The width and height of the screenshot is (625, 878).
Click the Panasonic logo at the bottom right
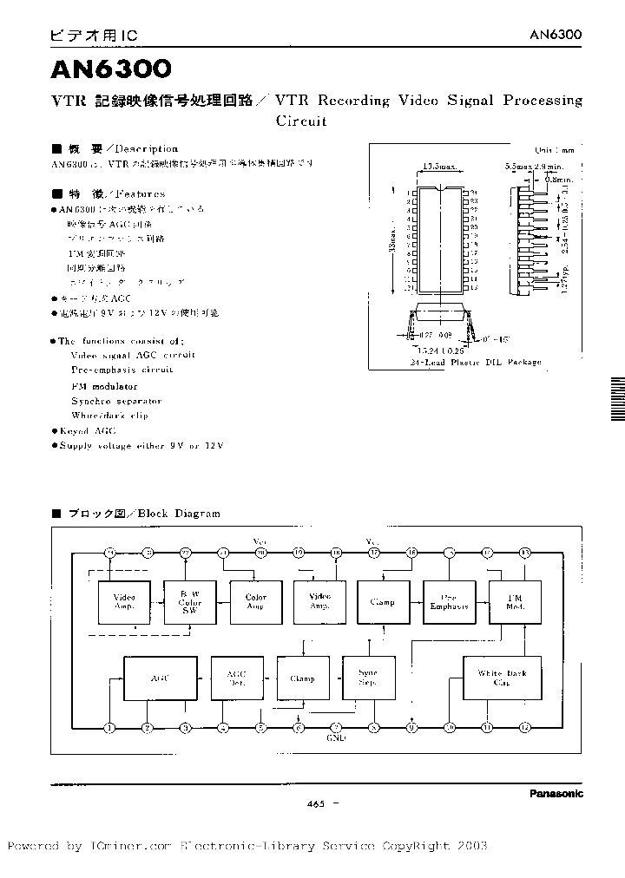pyautogui.click(x=556, y=793)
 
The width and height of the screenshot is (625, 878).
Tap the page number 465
pyautogui.click(x=315, y=804)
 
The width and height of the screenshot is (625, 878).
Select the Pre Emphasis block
pyautogui.click(x=448, y=602)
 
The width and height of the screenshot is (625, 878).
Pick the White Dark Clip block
pyautogui.click(x=502, y=678)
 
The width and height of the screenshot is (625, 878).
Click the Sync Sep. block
pyautogui.click(x=368, y=678)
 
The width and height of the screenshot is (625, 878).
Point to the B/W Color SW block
pyautogui.click(x=189, y=602)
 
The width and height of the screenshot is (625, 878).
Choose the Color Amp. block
pyautogui.click(x=256, y=602)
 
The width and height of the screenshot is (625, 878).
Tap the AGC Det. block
pyautogui.click(x=237, y=678)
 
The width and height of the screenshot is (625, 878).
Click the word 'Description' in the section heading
pyautogui.click(x=146, y=149)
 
